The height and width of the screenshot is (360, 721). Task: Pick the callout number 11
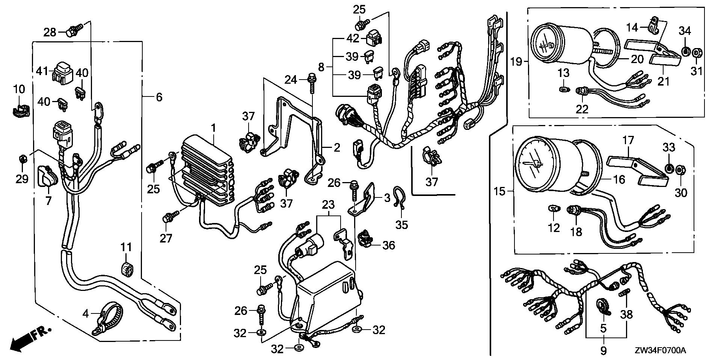(x=126, y=247)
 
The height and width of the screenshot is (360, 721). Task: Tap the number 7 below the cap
(x=48, y=201)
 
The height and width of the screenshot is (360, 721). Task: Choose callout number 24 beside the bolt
(x=291, y=80)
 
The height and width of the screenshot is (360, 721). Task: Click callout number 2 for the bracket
(x=336, y=148)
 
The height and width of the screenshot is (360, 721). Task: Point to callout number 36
(x=389, y=246)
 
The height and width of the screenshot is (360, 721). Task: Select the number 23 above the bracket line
(x=328, y=205)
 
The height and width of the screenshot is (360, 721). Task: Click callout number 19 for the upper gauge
(x=517, y=61)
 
